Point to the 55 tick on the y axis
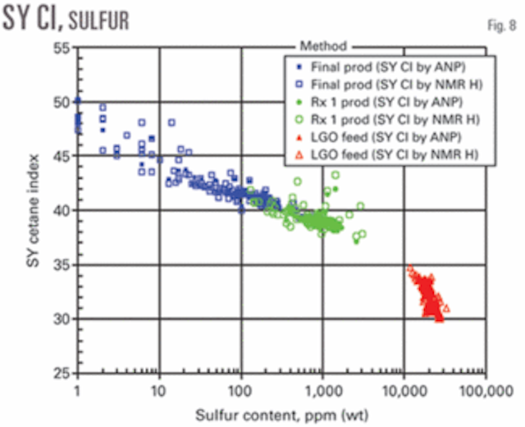[x=62, y=48]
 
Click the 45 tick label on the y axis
[x=62, y=156]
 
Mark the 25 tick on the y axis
[x=62, y=373]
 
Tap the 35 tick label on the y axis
[x=62, y=264]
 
